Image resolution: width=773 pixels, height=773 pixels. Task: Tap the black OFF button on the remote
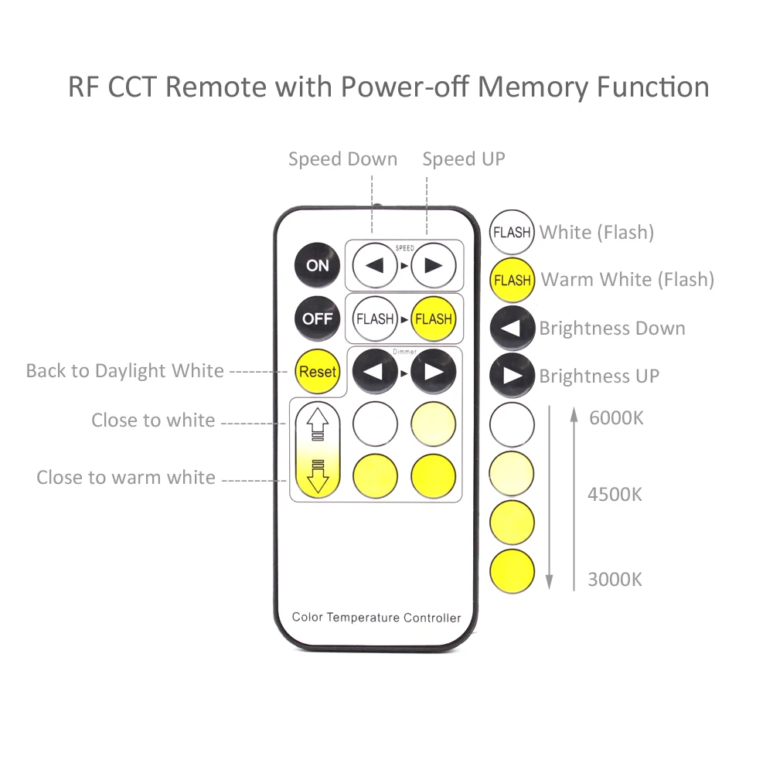[317, 318]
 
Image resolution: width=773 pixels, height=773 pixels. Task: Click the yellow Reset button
[318, 371]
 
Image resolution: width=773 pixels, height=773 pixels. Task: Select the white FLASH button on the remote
[375, 318]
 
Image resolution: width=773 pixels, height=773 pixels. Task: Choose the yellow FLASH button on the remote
[434, 318]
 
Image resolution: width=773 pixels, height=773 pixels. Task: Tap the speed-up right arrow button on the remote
[434, 265]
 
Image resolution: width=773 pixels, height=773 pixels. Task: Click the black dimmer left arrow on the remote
[375, 371]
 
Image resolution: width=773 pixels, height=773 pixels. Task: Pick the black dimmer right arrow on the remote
[434, 371]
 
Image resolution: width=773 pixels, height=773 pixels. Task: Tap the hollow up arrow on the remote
[318, 424]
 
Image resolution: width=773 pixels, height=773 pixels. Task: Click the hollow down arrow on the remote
[318, 475]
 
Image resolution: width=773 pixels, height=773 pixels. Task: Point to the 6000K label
[615, 418]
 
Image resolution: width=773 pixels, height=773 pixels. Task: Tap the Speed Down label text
[342, 159]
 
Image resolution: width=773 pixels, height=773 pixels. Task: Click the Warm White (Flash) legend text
[627, 279]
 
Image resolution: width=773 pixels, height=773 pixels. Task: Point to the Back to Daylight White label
[124, 371]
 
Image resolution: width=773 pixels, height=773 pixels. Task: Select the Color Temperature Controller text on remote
[376, 618]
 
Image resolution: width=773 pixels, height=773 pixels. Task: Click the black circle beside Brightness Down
[512, 328]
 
